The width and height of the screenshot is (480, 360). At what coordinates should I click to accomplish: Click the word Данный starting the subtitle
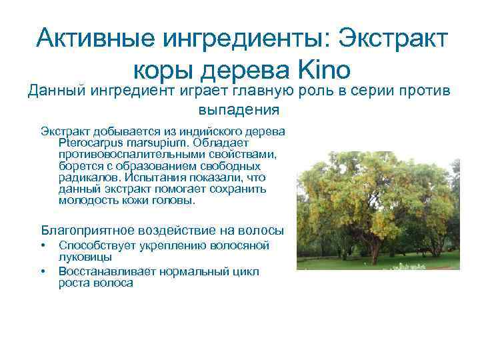(54, 91)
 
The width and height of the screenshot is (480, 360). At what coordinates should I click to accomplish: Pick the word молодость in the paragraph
(87, 199)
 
